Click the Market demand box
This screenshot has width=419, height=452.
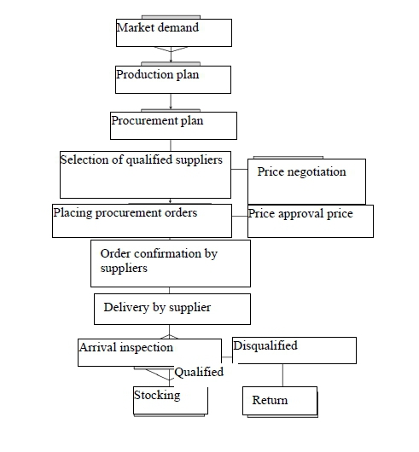coord(174,32)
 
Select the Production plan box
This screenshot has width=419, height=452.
coord(173,79)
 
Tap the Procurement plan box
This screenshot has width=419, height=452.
coord(173,125)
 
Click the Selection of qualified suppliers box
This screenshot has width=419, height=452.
coord(145,175)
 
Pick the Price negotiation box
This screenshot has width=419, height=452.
coord(307,182)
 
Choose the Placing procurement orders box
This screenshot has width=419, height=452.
coord(142,221)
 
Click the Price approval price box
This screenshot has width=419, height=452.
coord(311,221)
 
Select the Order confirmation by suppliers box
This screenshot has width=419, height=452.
coord(171,264)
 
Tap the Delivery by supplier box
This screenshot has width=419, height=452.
coord(172,309)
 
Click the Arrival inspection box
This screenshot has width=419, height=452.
coord(149,352)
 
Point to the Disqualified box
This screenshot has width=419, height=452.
coord(294,351)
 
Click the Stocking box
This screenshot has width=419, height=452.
coord(171,401)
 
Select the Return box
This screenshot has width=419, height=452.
coord(280,401)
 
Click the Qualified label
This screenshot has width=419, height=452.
coord(199,372)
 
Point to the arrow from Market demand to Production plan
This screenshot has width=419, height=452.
coord(171,55)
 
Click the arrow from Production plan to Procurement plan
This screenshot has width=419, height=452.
coord(171,101)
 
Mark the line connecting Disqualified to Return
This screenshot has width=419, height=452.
coord(282,375)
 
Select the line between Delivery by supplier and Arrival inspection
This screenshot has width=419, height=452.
coord(169,332)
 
